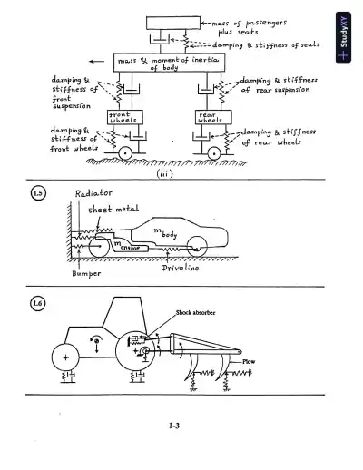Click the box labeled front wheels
coord(124,119)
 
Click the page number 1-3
coord(179,426)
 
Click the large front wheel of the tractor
coord(64,356)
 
